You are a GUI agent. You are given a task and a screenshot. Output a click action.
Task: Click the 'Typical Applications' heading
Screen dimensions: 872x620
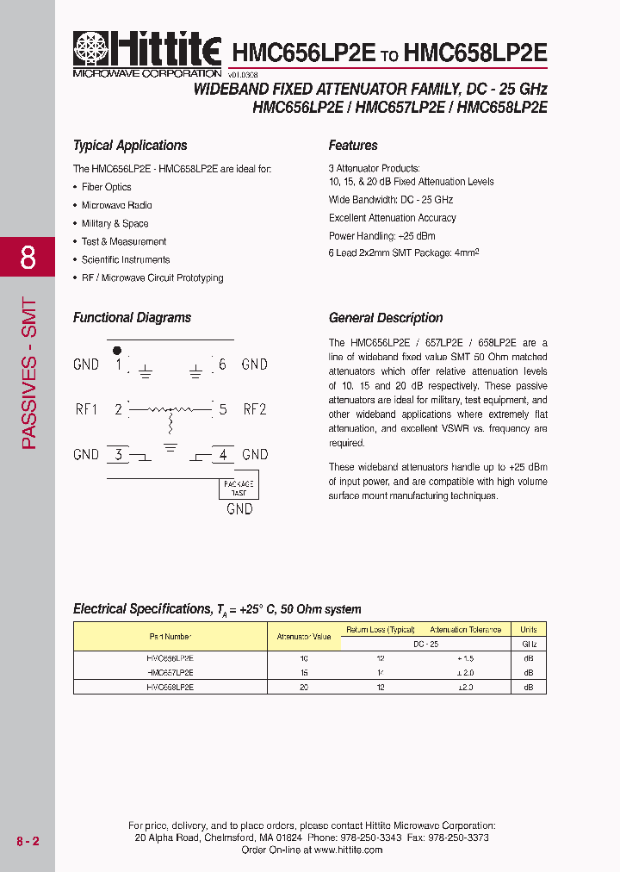tap(130, 146)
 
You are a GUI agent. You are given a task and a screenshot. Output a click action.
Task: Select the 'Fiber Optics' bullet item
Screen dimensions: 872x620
tap(107, 187)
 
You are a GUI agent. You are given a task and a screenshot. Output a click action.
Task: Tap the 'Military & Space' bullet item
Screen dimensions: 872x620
tap(115, 223)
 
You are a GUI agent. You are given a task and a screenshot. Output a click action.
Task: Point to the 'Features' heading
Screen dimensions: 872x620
tap(353, 146)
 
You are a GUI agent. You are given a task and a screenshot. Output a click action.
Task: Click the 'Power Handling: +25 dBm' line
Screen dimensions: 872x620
tap(381, 236)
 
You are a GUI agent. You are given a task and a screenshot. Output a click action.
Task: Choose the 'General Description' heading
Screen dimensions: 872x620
tap(386, 318)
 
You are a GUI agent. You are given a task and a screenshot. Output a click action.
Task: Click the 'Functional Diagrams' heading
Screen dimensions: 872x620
tap(132, 318)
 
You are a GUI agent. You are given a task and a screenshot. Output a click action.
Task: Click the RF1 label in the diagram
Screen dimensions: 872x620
tap(86, 409)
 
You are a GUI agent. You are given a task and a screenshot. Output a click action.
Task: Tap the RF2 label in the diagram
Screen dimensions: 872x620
tap(255, 409)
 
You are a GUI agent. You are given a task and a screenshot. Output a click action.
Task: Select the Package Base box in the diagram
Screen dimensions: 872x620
tap(239, 487)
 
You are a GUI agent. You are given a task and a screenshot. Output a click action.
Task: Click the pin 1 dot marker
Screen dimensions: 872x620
tap(118, 350)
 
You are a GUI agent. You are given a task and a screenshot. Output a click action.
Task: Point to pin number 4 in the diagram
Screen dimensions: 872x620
tap(223, 454)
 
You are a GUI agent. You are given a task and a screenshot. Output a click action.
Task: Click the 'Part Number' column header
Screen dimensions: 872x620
tap(170, 637)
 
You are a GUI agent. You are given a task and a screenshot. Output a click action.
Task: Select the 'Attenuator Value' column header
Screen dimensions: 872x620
tap(304, 637)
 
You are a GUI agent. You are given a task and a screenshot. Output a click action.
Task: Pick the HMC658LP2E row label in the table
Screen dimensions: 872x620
tap(170, 688)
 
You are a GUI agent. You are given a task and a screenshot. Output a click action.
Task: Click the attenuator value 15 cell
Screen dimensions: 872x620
tap(304, 672)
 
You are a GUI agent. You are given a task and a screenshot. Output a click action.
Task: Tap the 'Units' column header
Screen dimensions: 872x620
tap(529, 630)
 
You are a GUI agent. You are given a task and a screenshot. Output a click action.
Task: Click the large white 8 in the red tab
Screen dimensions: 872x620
tap(28, 257)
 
